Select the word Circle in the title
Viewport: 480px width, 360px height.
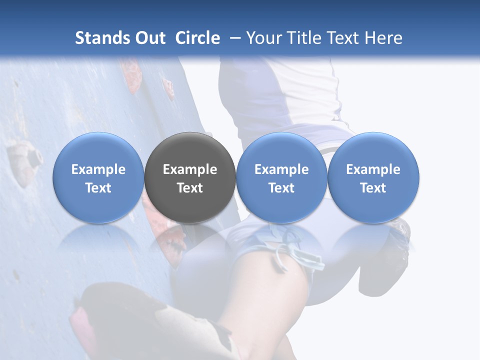[x=197, y=38]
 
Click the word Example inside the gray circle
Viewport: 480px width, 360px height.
[x=190, y=169]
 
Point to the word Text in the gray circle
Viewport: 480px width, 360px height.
[x=190, y=188]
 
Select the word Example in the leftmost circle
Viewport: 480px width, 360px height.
[x=98, y=169]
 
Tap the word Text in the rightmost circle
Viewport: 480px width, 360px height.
[x=373, y=188]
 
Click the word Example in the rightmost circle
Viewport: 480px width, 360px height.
[x=373, y=169]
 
